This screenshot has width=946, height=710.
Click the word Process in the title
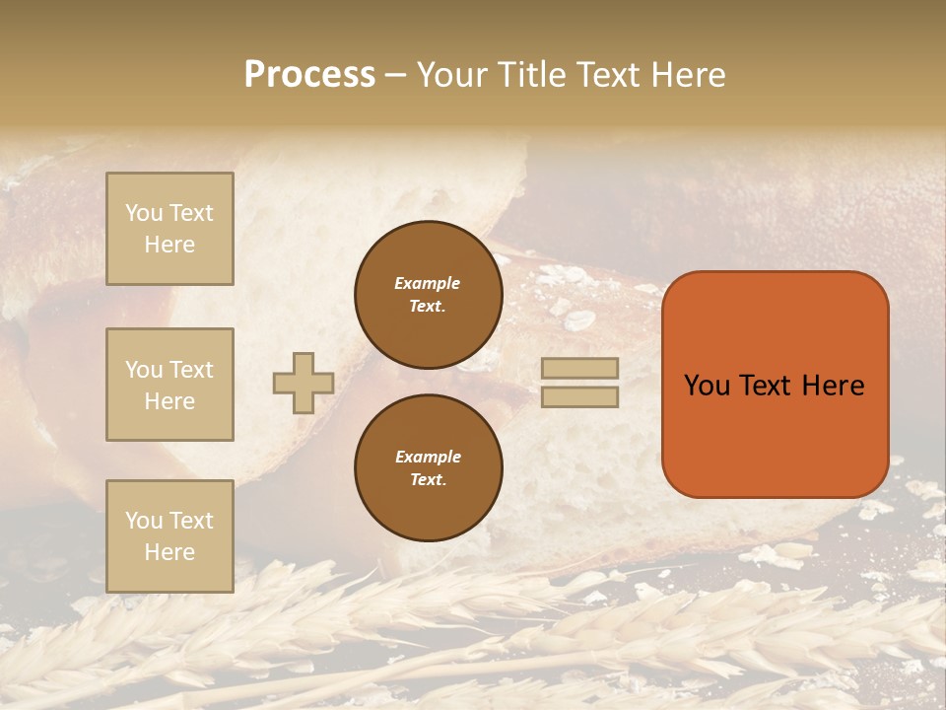(309, 74)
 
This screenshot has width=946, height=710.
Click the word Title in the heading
(530, 74)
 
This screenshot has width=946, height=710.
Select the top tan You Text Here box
(169, 229)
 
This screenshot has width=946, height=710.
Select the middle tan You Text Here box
(169, 385)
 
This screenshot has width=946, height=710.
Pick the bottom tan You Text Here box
(169, 535)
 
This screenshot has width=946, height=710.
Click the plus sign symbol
(304, 383)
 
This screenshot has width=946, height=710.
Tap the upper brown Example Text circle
(428, 295)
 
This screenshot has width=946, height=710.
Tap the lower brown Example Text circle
(428, 467)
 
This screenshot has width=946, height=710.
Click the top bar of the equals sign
(579, 368)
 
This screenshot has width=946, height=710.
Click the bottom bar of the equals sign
(579, 396)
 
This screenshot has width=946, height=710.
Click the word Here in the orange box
(833, 385)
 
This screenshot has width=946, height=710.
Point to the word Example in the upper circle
(428, 283)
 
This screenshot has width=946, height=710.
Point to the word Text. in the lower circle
(428, 479)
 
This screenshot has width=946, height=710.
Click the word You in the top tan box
(144, 213)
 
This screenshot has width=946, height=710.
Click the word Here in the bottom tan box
(169, 552)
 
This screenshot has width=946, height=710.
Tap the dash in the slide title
(396, 75)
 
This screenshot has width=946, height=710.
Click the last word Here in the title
(689, 74)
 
